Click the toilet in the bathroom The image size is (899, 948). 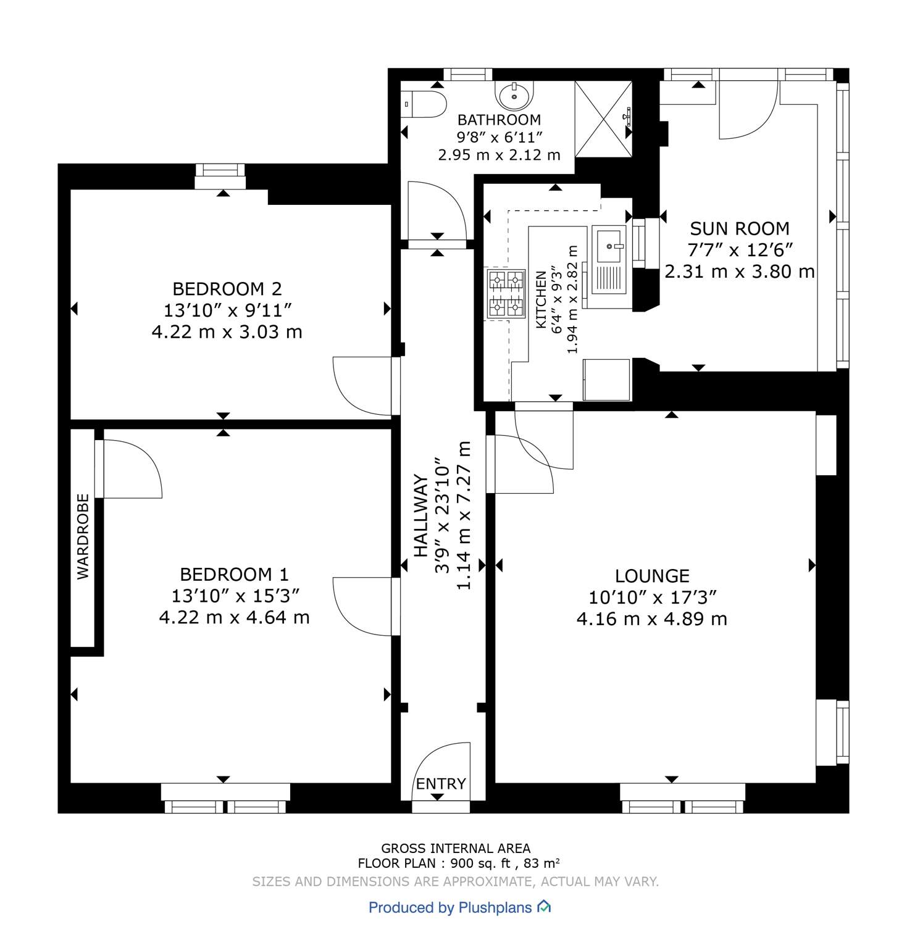pos(425,104)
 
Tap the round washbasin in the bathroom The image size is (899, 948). pos(514,96)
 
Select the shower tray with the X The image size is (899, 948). pos(603,119)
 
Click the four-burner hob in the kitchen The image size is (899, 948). pos(506,294)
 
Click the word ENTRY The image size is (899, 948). pos(441,784)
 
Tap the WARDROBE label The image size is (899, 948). pos(83,536)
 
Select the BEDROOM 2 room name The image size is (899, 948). pos(227,289)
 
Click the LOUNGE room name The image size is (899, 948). pos(652,576)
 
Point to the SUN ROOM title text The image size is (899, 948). pos(739,229)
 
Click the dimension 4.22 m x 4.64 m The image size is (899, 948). pos(234,617)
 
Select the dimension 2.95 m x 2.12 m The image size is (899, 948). pos(499,155)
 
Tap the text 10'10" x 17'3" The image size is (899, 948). pos(652,597)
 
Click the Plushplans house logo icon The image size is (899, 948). pos(544,907)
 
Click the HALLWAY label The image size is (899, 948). pos(420,515)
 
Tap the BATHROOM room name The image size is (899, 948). pos(499,120)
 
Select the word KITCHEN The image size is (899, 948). pos(541,299)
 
